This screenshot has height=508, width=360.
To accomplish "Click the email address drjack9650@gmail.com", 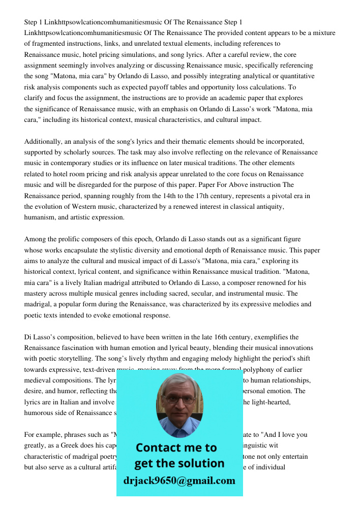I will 179,480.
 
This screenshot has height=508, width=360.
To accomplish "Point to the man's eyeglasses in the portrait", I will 178,399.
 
